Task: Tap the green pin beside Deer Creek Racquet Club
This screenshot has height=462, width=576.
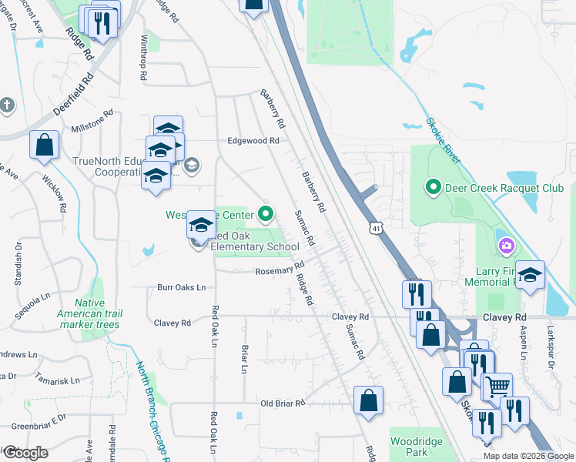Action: click(x=433, y=187)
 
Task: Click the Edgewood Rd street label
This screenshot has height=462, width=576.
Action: click(x=253, y=141)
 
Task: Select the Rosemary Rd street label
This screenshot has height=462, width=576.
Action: click(x=280, y=269)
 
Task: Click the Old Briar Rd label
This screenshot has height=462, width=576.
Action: click(x=283, y=403)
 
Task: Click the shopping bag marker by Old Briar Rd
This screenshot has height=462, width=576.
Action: click(x=369, y=400)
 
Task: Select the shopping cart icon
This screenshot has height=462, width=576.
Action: click(x=497, y=387)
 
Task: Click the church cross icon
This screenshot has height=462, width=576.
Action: click(x=7, y=105)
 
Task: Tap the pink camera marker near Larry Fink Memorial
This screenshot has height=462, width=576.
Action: click(x=506, y=246)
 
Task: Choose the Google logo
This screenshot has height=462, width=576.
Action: click(x=25, y=453)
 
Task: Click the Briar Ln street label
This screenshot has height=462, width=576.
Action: click(x=244, y=358)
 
